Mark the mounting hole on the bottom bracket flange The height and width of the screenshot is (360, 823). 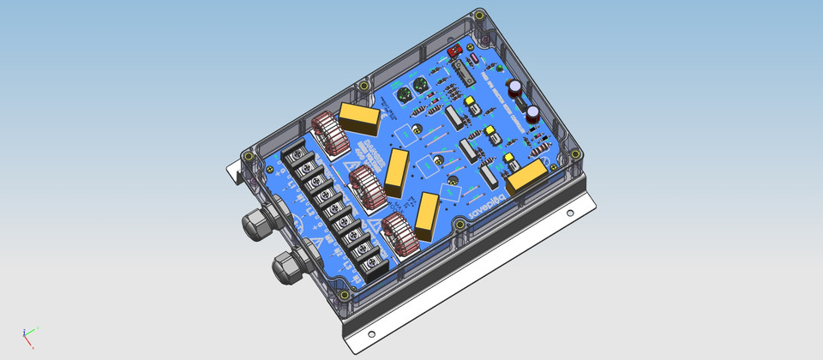click(x=370, y=334)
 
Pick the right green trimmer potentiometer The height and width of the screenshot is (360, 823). click(x=420, y=87)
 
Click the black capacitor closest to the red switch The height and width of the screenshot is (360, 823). click(x=517, y=89)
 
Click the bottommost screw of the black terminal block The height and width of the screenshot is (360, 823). click(x=374, y=265)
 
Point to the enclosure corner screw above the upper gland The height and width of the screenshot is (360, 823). click(x=249, y=157)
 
